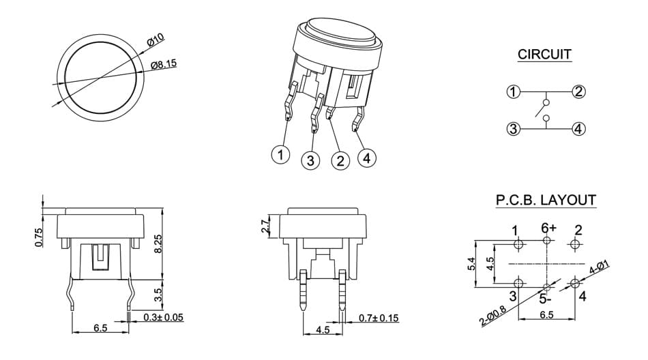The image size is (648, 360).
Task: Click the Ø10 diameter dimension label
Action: point(156,40)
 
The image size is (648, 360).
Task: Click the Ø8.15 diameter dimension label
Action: point(164,65)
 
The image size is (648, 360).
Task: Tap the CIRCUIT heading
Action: point(544,54)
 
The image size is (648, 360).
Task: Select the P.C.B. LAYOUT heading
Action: point(546,200)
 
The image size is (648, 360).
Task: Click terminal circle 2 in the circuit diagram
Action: point(578,91)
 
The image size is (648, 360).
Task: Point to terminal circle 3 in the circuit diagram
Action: point(513,129)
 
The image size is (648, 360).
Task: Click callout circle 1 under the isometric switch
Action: point(280,155)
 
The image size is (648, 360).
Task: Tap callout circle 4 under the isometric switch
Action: point(367,158)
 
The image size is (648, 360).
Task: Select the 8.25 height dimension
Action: point(158,245)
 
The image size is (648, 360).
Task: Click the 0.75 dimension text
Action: point(39,238)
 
